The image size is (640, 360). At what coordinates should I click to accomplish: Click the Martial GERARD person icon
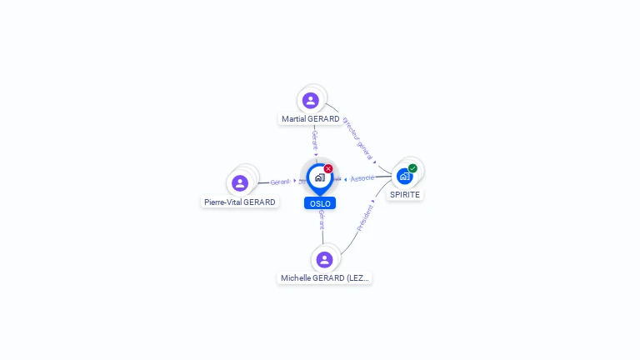click(x=311, y=100)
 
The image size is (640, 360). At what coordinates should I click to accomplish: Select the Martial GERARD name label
click(x=311, y=119)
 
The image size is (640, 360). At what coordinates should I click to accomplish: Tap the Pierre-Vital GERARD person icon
click(x=240, y=183)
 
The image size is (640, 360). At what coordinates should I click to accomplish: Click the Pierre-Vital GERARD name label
click(x=240, y=202)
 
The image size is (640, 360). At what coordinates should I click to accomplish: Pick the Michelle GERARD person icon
click(x=324, y=259)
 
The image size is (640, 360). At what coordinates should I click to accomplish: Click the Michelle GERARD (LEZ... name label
click(x=325, y=278)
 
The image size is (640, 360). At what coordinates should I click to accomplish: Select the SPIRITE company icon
click(x=404, y=176)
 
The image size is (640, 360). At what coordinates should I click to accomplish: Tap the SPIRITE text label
click(x=405, y=194)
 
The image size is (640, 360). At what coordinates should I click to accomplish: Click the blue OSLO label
click(x=320, y=203)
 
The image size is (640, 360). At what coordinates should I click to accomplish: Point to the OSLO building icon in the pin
click(x=319, y=177)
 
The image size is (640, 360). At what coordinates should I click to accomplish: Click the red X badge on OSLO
click(x=328, y=168)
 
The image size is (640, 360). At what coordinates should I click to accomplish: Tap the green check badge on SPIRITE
click(x=412, y=168)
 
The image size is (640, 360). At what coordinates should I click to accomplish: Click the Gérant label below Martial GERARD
click(x=315, y=140)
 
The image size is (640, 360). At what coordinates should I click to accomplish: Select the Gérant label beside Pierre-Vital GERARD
click(x=280, y=182)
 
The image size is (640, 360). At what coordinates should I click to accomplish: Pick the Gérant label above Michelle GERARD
click(x=322, y=219)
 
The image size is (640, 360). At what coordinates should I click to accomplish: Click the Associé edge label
click(x=362, y=177)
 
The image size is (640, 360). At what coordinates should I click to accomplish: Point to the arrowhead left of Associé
click(x=346, y=179)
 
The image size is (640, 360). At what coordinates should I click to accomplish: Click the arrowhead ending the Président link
click(x=374, y=202)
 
